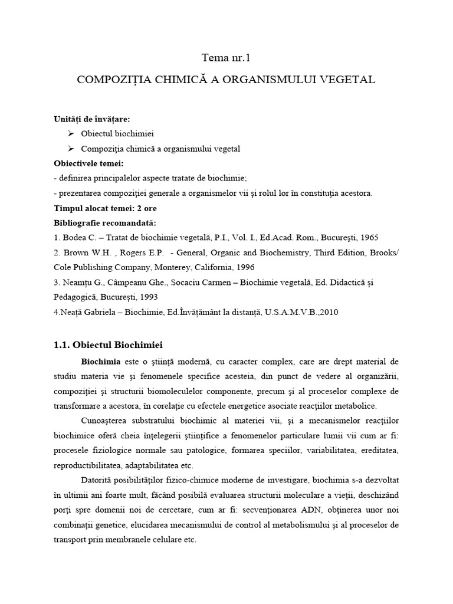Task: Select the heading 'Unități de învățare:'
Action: (x=91, y=119)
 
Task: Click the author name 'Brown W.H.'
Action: (x=83, y=252)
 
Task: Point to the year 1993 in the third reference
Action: (x=147, y=297)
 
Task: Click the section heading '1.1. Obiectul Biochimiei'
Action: (x=108, y=344)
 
